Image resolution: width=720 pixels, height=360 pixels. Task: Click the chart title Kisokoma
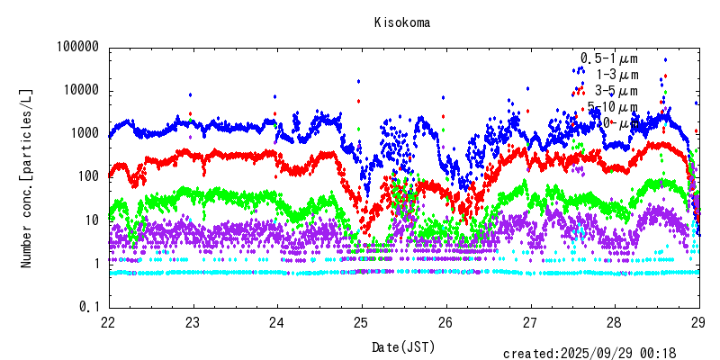click(x=402, y=23)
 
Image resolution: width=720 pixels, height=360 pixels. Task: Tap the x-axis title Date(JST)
click(x=402, y=346)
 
